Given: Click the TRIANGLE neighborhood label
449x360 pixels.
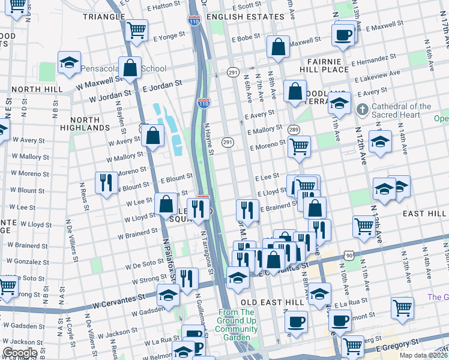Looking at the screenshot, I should coord(104,17).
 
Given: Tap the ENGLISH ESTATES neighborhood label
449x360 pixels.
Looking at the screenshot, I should coord(237,17).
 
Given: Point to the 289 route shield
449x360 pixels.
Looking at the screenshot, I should coord(294,130).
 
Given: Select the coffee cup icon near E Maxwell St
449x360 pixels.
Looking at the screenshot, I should coord(343,34).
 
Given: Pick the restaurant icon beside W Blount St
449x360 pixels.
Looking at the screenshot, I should coord(106,182).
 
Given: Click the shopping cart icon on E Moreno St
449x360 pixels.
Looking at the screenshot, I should coord(299,146).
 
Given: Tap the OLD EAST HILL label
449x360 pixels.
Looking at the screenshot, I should coord(266,301).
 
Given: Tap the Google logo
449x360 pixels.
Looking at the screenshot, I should coord(20,353).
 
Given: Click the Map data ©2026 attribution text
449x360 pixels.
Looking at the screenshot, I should coord(423,355).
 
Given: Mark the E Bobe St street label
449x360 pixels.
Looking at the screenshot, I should coord(245,37).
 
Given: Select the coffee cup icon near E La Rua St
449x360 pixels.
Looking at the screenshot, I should coord(340,322).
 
